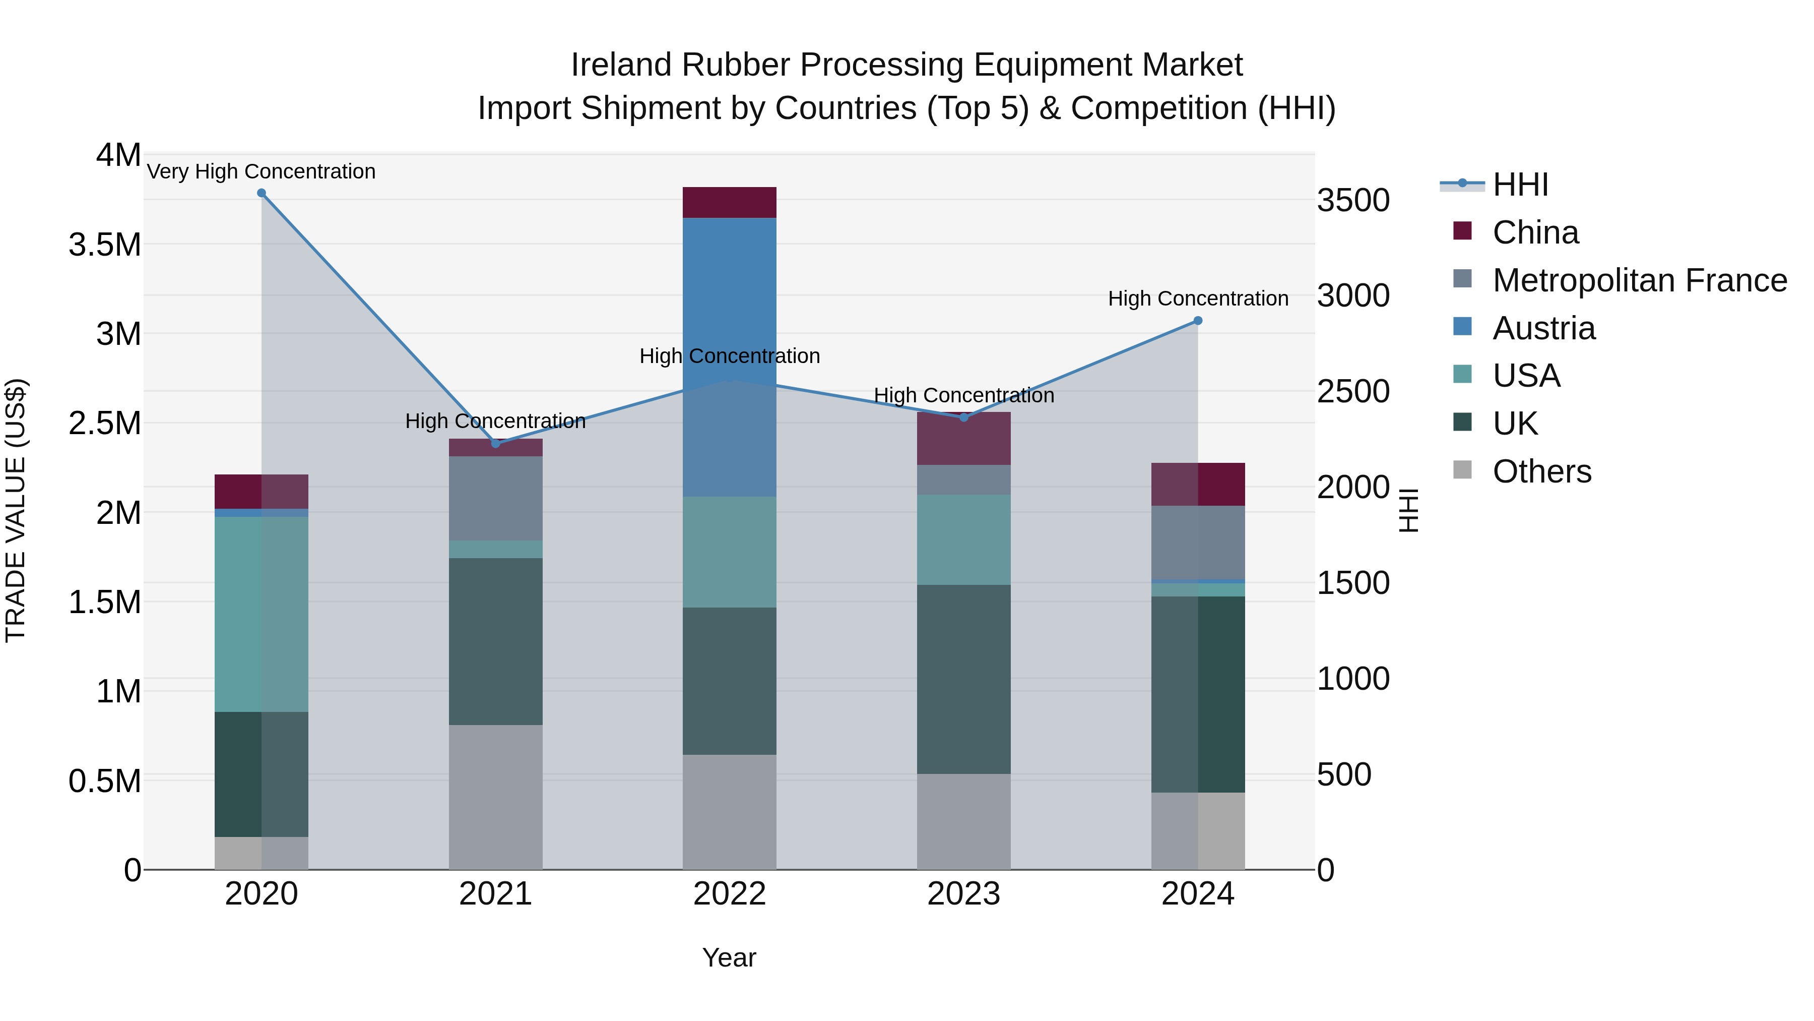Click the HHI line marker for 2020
coord(261,193)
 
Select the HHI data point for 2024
coord(1197,321)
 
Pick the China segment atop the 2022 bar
coord(730,202)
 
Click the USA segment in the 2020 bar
coord(261,614)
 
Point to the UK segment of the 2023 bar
coord(963,679)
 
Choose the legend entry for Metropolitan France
coord(1639,280)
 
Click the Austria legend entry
coord(1543,328)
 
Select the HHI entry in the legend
coord(1520,185)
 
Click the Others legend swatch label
coord(1541,471)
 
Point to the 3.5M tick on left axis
coord(105,245)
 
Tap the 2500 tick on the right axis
coord(1353,392)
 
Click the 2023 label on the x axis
coord(963,894)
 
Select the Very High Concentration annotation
coord(261,171)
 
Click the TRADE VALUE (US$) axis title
coord(16,510)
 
